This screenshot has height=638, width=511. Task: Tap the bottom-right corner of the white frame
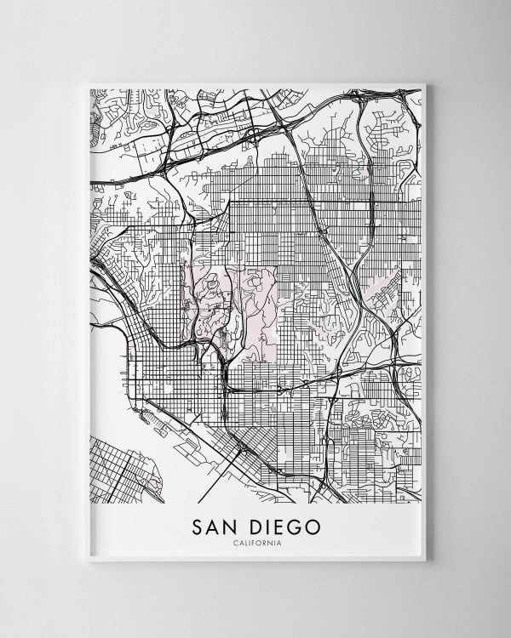coord(428,559)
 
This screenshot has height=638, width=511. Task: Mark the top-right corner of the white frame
coord(428,83)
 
